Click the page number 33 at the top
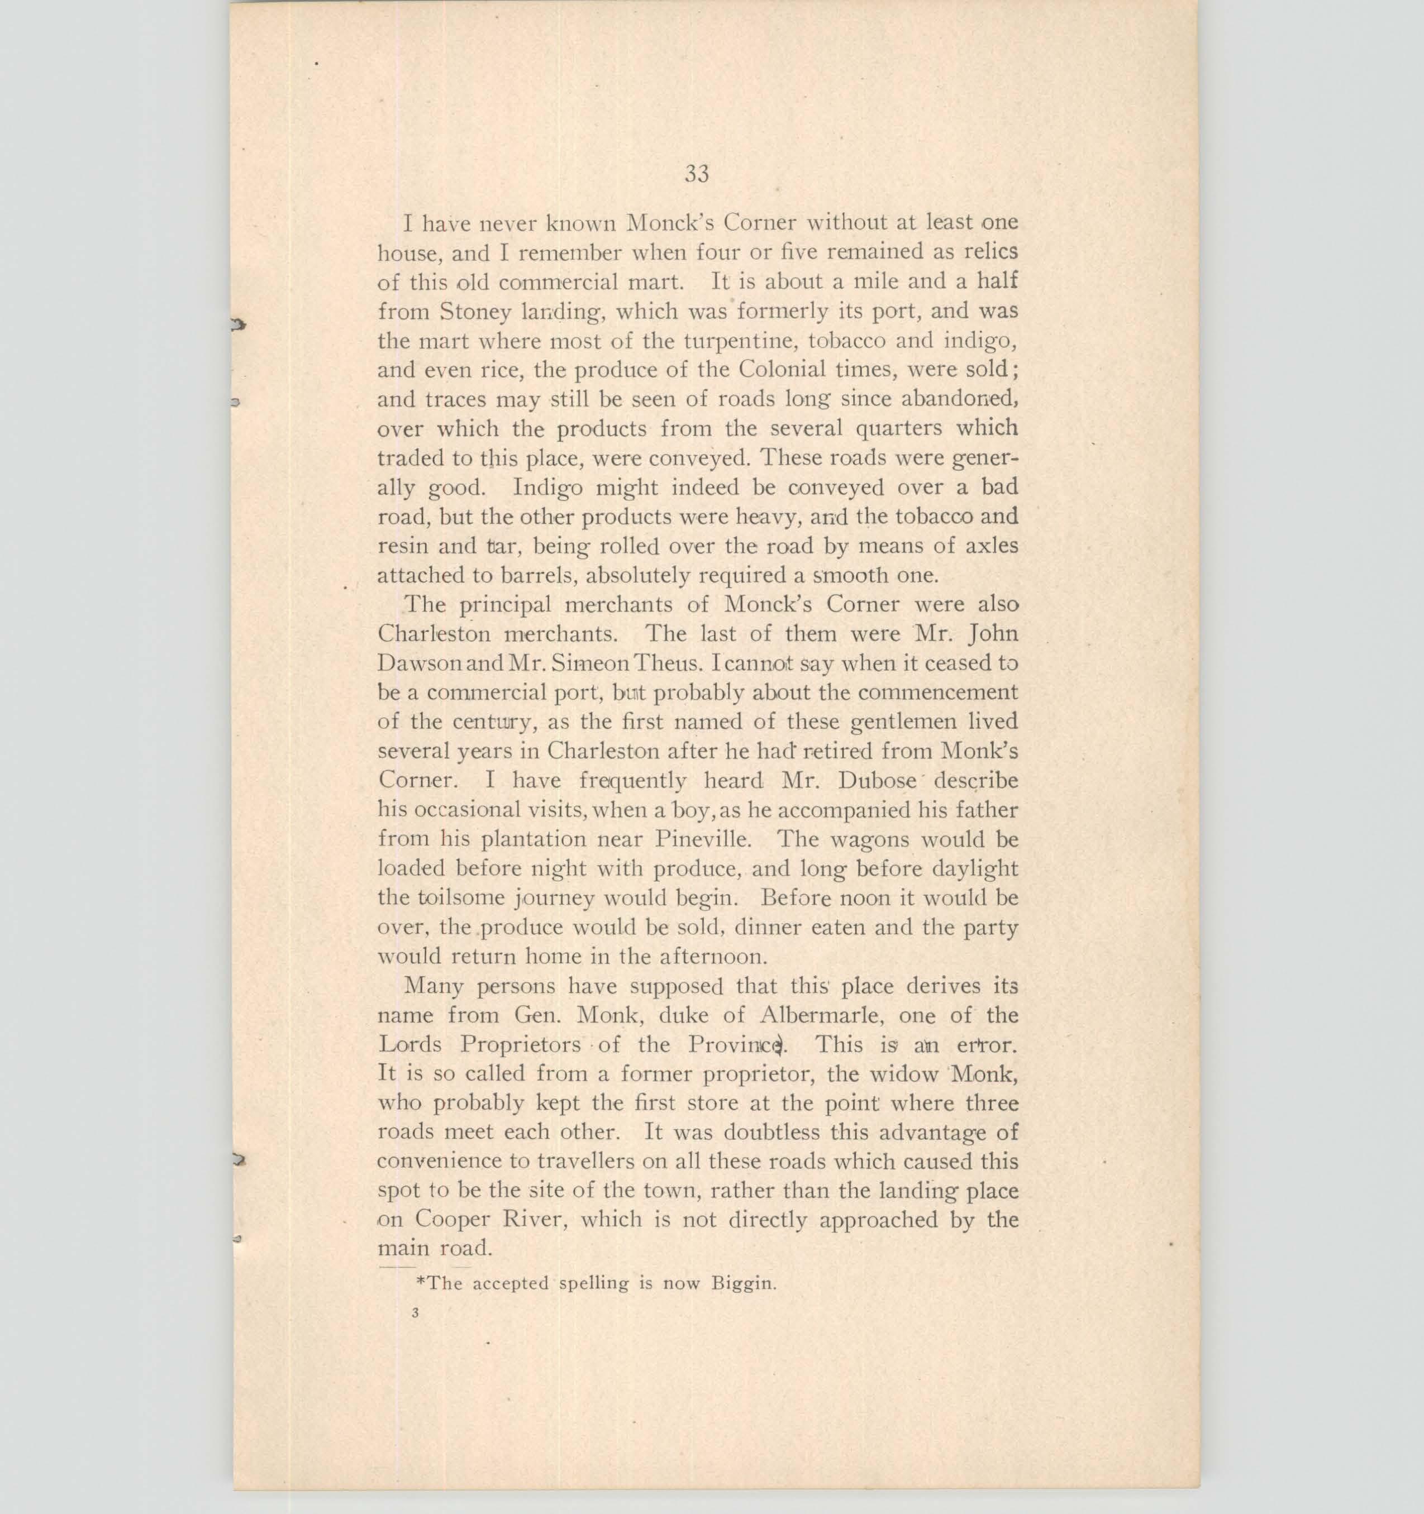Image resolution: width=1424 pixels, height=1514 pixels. click(697, 174)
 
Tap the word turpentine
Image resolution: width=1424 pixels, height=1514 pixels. click(731, 341)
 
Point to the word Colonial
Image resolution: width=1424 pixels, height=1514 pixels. click(785, 370)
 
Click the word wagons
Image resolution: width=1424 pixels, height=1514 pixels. click(869, 839)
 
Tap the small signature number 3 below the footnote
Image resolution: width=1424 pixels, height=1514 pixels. click(415, 1313)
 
